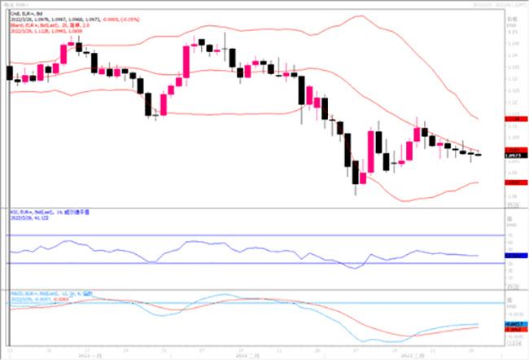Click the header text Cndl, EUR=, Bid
pyautogui.click(x=24, y=14)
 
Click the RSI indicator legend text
pyautogui.click(x=49, y=211)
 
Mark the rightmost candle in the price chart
pyautogui.click(x=478, y=154)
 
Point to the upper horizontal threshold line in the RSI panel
pyautogui.click(x=244, y=235)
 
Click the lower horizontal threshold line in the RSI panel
pyautogui.click(x=244, y=263)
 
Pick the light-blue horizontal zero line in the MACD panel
pyautogui.click(x=244, y=303)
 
